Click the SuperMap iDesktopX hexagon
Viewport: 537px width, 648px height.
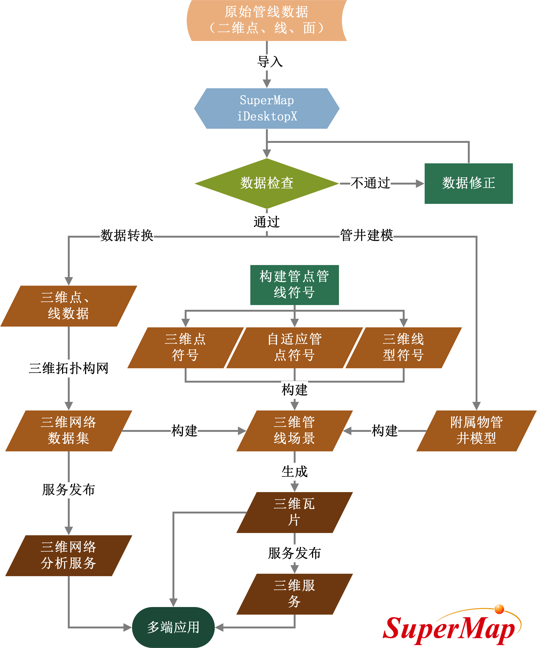(x=267, y=108)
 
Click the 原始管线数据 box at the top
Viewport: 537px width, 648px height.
(x=267, y=20)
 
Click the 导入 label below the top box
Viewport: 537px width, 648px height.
(x=270, y=61)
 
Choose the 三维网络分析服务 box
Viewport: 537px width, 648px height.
(x=68, y=555)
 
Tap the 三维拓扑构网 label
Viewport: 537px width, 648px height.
(x=68, y=368)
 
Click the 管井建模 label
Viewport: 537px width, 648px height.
(x=366, y=235)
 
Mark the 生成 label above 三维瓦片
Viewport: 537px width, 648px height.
(x=295, y=471)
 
